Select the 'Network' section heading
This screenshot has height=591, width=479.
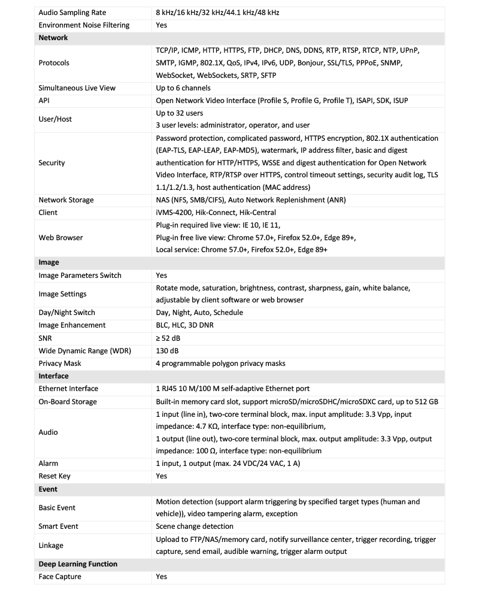pos(53,38)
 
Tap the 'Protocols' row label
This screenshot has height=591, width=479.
pos(54,63)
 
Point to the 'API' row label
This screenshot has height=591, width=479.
pos(44,101)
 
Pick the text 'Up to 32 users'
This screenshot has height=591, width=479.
pos(180,113)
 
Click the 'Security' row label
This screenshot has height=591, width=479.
pos(51,163)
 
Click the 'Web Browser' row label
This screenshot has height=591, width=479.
pos(60,238)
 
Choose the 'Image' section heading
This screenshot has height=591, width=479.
pos(48,262)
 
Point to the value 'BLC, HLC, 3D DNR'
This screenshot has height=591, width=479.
pos(184,325)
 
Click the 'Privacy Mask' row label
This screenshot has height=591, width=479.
pos(60,363)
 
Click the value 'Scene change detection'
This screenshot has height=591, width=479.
pos(195,526)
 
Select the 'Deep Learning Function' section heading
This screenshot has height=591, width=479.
pos(78,564)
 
